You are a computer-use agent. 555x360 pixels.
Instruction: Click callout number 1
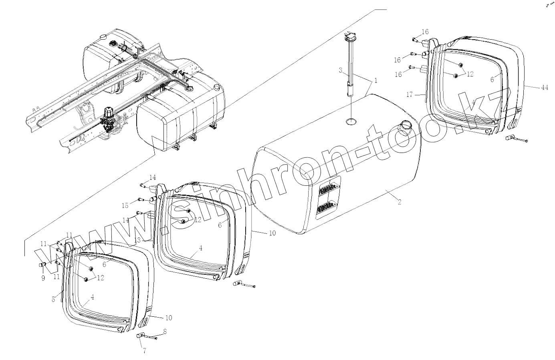pos(375,80)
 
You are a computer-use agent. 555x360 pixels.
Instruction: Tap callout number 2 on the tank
pos(399,202)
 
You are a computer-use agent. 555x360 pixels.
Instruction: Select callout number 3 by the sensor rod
pos(340,71)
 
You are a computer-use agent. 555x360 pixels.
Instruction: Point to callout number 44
pos(544,88)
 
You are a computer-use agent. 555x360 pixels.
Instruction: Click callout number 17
pos(409,95)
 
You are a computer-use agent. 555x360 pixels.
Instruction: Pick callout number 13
pos(138,240)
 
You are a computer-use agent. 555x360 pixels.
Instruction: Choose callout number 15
pos(125,205)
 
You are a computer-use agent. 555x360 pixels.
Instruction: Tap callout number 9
pos(43,278)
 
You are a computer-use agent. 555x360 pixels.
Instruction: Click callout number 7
pos(144,351)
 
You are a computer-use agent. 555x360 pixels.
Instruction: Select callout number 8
pos(165,332)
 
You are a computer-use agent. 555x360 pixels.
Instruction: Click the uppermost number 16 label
pos(425,32)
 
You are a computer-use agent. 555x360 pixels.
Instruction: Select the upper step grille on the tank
pos(328,188)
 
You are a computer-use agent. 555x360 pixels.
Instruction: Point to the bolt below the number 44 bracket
pos(517,140)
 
